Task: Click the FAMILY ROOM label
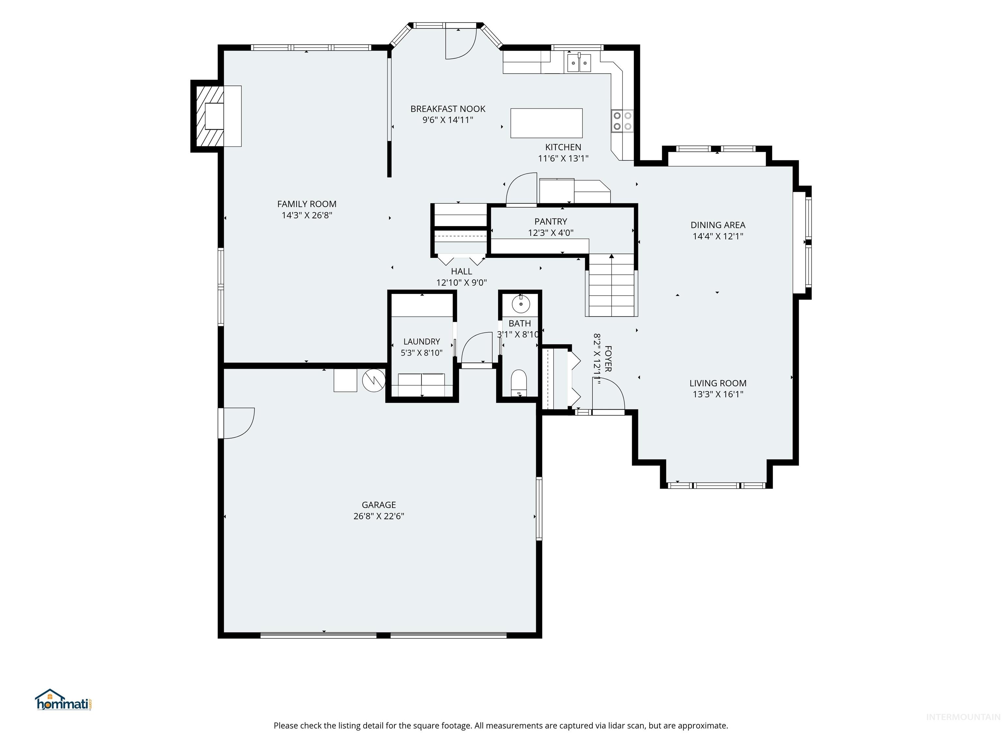(x=307, y=204)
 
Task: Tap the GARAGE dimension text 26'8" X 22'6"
(x=379, y=516)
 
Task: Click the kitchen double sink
(x=579, y=63)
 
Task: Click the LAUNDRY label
(x=422, y=342)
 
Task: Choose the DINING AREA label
(x=718, y=225)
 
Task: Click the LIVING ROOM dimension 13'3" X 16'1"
(x=718, y=394)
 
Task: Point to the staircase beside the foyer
(x=612, y=285)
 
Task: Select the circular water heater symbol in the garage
(x=374, y=380)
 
